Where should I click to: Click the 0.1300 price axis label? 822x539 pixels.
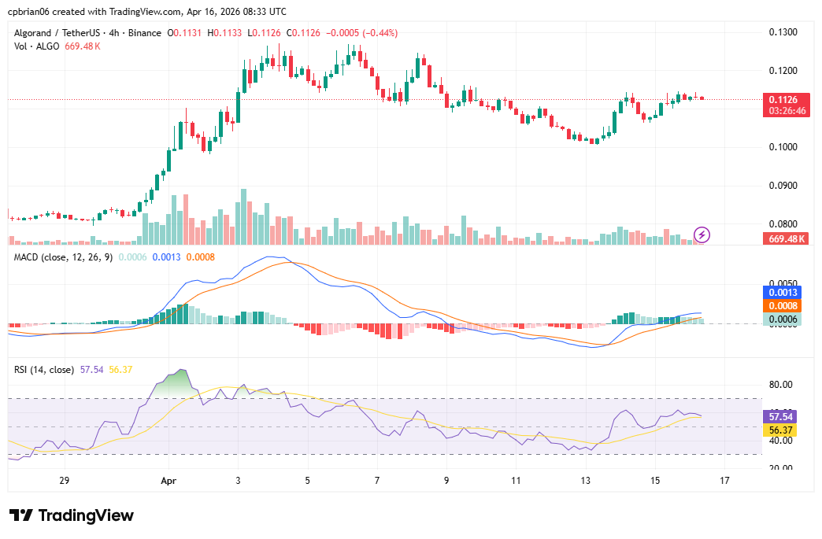[783, 32]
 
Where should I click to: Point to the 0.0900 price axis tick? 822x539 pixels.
[783, 186]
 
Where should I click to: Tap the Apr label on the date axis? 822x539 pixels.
[167, 480]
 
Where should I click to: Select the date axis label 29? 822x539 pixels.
[65, 480]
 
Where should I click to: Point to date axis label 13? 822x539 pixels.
[585, 480]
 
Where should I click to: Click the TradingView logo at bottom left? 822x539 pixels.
[72, 515]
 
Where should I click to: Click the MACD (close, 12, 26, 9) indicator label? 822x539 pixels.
[64, 257]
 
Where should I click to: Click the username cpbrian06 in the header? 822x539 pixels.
[32, 12]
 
